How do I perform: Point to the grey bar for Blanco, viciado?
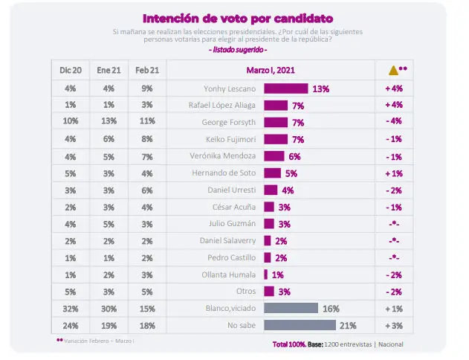(x=291, y=308)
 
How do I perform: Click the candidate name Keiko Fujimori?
(x=233, y=139)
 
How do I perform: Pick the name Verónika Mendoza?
(x=227, y=156)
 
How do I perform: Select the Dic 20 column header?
(x=71, y=71)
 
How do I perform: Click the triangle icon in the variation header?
(x=394, y=71)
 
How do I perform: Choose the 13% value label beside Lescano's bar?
(x=320, y=89)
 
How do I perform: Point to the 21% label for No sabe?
(x=347, y=325)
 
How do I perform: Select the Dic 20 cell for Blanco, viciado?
(x=71, y=308)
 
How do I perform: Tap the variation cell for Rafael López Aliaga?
(x=393, y=105)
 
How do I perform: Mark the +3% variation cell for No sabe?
(x=393, y=325)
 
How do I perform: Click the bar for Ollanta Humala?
(x=267, y=274)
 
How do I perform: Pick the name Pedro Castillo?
(x=233, y=257)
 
